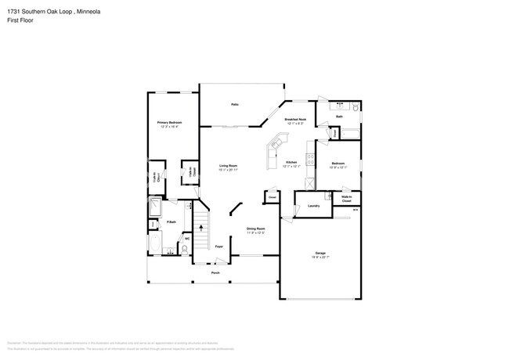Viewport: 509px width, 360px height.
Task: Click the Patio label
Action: point(234,104)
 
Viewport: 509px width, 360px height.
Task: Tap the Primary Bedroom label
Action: point(170,123)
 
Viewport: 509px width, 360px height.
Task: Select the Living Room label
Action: point(228,166)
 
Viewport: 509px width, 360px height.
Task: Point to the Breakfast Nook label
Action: point(295,120)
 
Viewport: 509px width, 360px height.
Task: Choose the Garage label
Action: point(320,254)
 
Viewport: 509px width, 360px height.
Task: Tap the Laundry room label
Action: point(313,206)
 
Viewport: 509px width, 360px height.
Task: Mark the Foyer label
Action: point(219,247)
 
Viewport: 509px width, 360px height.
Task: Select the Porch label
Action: point(215,272)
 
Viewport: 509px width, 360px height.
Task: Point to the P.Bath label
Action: point(169,223)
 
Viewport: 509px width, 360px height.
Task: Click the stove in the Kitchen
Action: point(311,160)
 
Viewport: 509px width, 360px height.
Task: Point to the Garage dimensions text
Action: point(320,258)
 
